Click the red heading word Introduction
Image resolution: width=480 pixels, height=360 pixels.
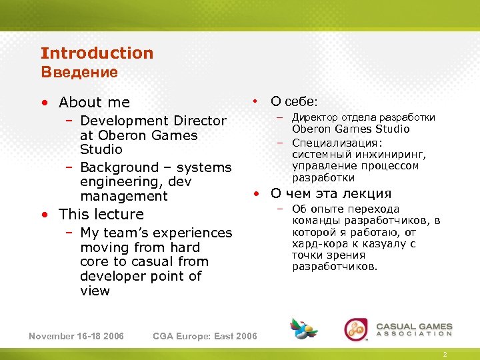click(x=97, y=53)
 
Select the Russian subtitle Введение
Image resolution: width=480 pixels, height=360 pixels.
click(x=79, y=72)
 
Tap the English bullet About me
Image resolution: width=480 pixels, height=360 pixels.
click(x=94, y=103)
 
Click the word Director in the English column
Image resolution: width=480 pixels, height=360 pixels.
click(x=200, y=121)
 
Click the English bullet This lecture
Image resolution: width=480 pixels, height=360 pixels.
click(x=101, y=215)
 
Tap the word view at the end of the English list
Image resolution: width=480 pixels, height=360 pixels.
click(x=95, y=291)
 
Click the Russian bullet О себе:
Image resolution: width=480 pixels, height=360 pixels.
click(x=294, y=102)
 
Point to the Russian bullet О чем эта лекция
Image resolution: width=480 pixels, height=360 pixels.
click(x=330, y=194)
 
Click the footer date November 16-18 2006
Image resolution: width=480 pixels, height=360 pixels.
click(x=76, y=336)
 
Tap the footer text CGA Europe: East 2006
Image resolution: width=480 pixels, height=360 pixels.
click(x=205, y=336)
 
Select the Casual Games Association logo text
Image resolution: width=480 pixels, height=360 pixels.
click(x=414, y=330)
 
